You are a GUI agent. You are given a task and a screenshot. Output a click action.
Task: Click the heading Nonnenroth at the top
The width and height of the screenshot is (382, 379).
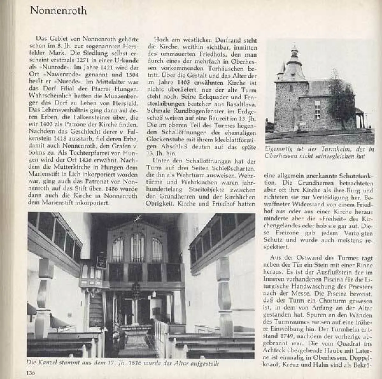[58, 11]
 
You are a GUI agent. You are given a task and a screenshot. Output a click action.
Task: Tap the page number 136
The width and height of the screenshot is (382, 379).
[31, 372]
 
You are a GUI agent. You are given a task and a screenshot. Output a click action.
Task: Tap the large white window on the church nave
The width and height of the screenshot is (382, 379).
[317, 109]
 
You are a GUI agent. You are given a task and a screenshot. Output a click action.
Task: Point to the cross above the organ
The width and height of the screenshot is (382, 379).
[138, 218]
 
